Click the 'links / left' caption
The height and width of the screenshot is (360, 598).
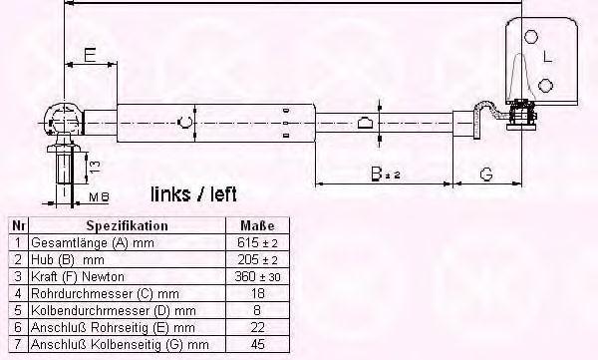(193, 194)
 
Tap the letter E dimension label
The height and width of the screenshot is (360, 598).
(90, 56)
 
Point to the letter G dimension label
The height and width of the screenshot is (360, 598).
(486, 175)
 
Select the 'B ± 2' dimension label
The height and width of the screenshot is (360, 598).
(386, 174)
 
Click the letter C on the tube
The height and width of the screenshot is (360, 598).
(185, 123)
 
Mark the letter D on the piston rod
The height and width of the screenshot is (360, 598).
(365, 123)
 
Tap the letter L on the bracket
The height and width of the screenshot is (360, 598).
(547, 57)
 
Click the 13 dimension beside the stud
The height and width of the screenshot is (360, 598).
(95, 167)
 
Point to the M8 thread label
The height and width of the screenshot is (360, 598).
(99, 197)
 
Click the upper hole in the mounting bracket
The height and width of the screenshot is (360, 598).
(531, 37)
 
